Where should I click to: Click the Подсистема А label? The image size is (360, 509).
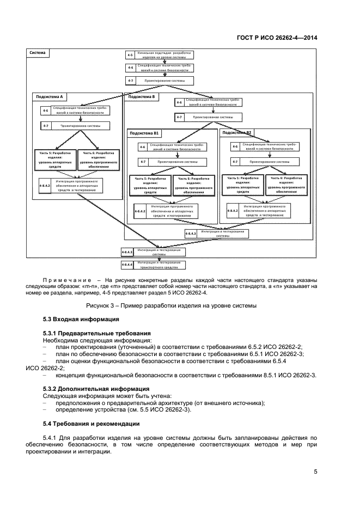tap(50, 96)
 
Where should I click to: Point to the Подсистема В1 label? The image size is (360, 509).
tap(144, 133)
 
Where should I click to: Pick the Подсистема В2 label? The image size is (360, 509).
tap(237, 132)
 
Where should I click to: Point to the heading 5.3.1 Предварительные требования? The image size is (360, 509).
tap(96, 333)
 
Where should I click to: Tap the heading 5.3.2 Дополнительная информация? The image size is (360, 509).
tap(96, 389)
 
